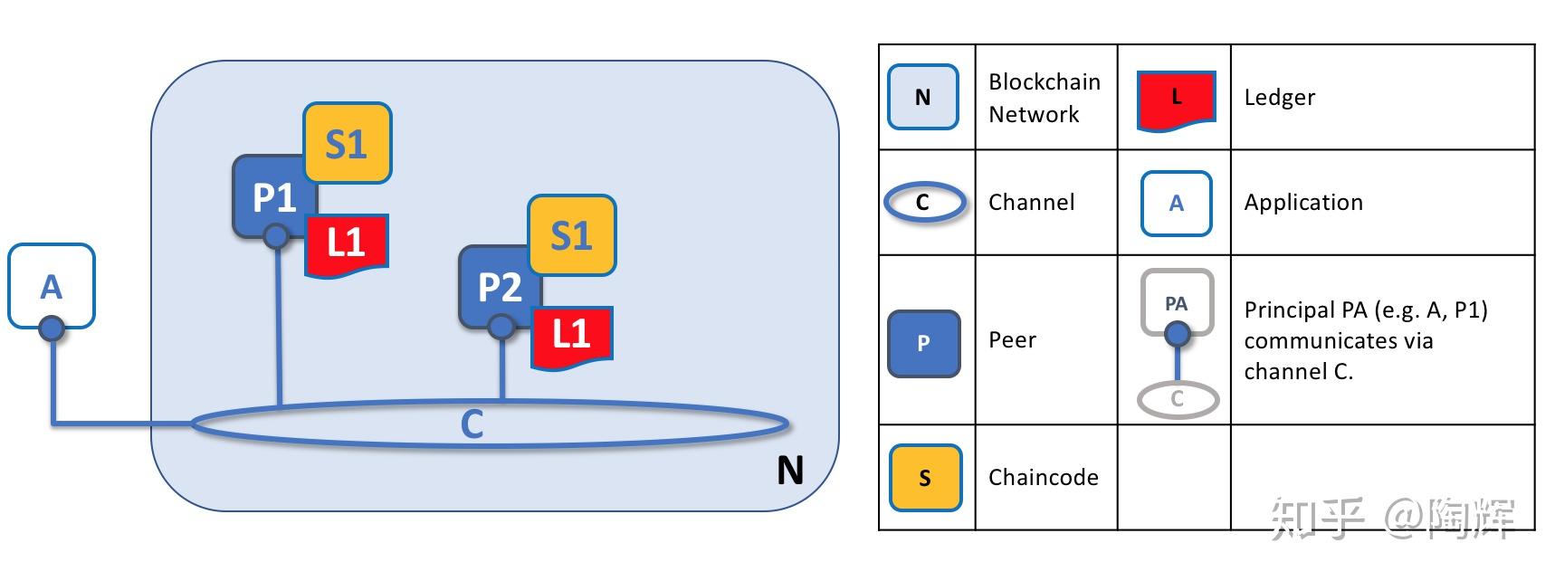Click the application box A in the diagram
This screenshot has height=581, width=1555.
point(52,284)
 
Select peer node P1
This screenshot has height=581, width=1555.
point(271,195)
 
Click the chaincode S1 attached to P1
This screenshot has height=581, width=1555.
point(348,143)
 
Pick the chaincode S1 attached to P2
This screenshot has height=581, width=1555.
point(572,234)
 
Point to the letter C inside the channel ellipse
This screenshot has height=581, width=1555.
point(472,424)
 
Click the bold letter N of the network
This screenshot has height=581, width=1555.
point(789,470)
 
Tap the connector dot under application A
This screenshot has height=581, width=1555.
point(52,329)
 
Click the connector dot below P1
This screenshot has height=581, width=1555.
point(276,237)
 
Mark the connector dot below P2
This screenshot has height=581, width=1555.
point(501,327)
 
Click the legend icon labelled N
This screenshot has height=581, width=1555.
point(922,97)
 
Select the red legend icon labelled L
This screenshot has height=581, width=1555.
point(1176,99)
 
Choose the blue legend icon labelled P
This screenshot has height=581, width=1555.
point(923,343)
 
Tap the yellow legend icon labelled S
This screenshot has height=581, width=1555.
point(924,477)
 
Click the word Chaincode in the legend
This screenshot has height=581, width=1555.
point(1043,477)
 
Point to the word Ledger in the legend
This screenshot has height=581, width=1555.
point(1279,97)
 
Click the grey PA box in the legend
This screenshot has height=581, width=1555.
point(1176,303)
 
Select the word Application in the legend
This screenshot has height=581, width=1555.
point(1302,202)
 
